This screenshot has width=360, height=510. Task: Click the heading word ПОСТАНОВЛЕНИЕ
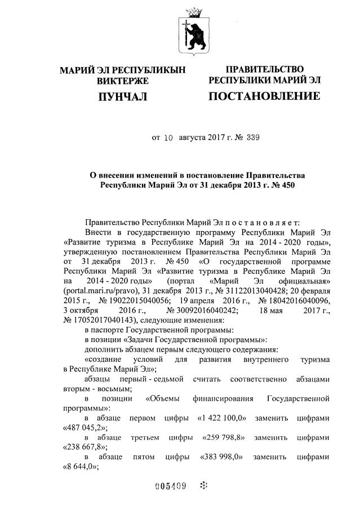pyautogui.click(x=264, y=96)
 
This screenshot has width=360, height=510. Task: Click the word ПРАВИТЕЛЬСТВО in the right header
pyautogui.click(x=264, y=69)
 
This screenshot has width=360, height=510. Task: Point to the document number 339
pyautogui.click(x=252, y=137)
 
